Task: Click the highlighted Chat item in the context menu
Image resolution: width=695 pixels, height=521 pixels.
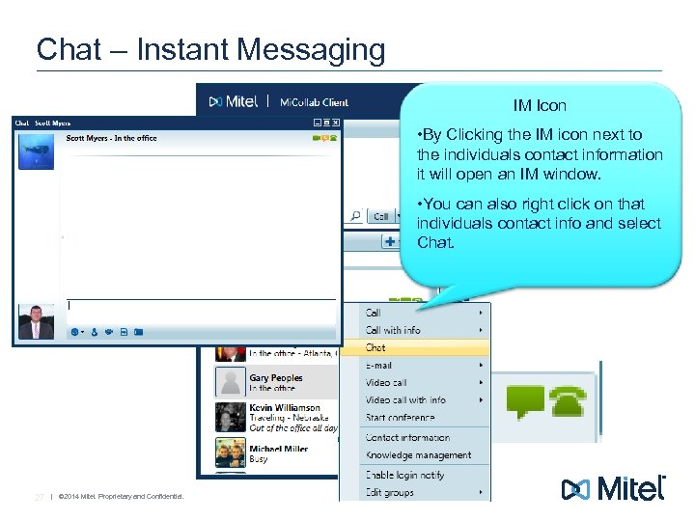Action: pyautogui.click(x=376, y=347)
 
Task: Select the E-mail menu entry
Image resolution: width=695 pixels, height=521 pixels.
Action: pyautogui.click(x=379, y=366)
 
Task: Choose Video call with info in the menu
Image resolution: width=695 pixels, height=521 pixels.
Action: pyautogui.click(x=405, y=400)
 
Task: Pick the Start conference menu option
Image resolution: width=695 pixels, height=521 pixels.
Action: pyautogui.click(x=401, y=418)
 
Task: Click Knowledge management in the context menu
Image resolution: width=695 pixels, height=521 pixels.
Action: pyautogui.click(x=418, y=455)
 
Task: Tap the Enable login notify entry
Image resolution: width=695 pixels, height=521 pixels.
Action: pyautogui.click(x=404, y=475)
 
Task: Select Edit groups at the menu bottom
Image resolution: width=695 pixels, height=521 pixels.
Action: pyautogui.click(x=390, y=492)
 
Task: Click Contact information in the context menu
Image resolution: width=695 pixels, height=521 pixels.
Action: pyautogui.click(x=407, y=438)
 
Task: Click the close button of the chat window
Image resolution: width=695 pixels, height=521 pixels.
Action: pyautogui.click(x=335, y=123)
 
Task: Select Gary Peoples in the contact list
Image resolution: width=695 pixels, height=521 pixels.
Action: pyautogui.click(x=275, y=378)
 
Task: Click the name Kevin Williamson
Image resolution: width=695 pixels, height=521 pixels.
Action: pyautogui.click(x=285, y=408)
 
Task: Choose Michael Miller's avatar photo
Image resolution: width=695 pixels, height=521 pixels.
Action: pyautogui.click(x=230, y=452)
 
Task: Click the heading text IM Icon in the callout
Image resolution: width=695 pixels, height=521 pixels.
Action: pyautogui.click(x=540, y=105)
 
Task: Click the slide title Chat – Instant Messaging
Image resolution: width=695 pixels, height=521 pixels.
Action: pyautogui.click(x=210, y=49)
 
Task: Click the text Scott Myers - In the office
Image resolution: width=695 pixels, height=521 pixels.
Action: pyautogui.click(x=111, y=138)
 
